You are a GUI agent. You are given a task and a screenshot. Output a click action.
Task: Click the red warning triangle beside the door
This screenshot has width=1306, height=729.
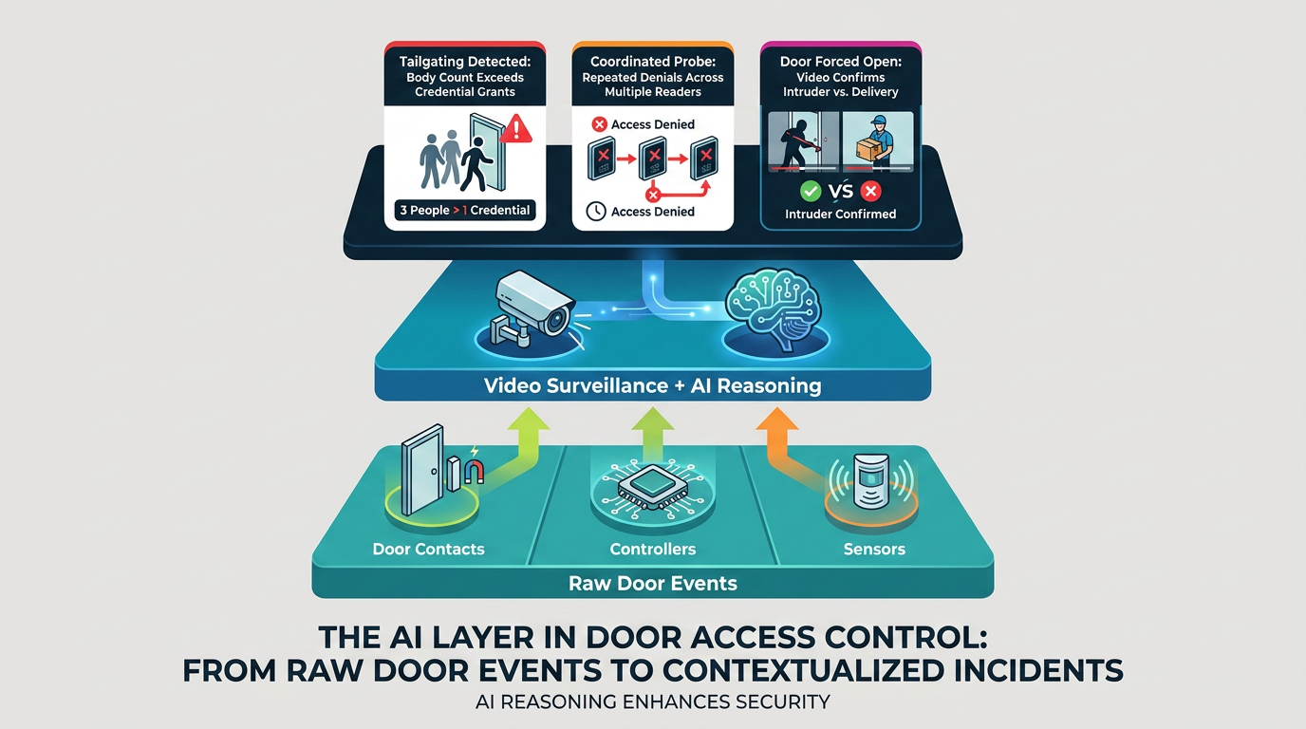(x=515, y=129)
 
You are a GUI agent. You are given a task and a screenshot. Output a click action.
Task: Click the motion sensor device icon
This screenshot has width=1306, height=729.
(x=870, y=481)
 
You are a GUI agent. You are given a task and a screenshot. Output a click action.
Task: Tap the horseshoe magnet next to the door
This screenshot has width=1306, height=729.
(x=474, y=472)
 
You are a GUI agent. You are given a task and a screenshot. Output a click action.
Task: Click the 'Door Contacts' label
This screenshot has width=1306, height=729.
(x=429, y=549)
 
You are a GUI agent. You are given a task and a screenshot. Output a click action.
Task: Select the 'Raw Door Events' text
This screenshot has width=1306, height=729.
(x=652, y=583)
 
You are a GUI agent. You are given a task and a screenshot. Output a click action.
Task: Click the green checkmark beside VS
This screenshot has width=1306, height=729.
(x=810, y=191)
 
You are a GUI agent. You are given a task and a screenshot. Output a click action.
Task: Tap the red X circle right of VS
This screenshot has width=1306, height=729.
(x=870, y=191)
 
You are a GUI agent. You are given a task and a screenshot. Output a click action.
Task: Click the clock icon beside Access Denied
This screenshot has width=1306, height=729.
(x=595, y=211)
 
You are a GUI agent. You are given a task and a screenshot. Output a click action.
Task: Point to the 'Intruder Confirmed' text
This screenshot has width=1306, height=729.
(x=840, y=214)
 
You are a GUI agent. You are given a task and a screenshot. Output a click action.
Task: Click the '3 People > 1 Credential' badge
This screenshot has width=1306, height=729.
(x=465, y=210)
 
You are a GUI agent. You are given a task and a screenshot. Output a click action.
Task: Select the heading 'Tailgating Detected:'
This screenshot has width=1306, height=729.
(x=465, y=62)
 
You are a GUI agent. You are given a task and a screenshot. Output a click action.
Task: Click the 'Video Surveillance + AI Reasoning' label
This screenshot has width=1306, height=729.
(x=652, y=385)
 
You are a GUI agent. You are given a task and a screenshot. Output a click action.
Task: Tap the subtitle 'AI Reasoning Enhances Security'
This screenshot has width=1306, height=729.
(x=652, y=701)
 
